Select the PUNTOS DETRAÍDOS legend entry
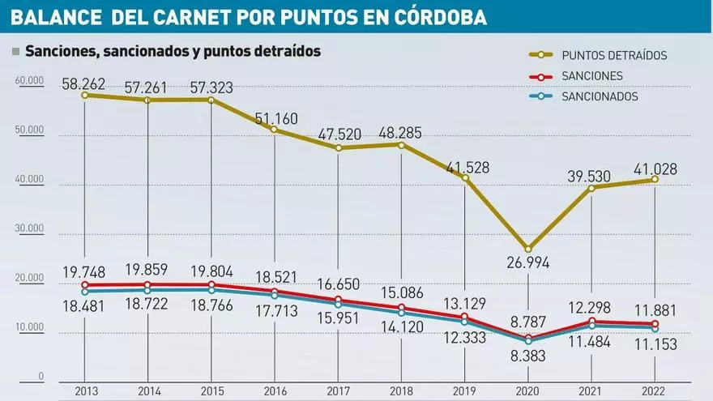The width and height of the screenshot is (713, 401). click(x=613, y=55)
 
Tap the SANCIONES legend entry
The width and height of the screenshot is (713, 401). click(x=591, y=76)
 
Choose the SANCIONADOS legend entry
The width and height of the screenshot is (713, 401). click(x=600, y=96)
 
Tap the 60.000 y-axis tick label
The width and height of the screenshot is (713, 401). click(x=28, y=80)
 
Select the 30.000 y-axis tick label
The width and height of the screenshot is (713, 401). click(x=28, y=229)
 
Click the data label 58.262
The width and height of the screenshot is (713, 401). click(x=85, y=82)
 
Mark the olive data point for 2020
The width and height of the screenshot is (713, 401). click(x=528, y=249)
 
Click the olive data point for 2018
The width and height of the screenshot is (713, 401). click(x=401, y=144)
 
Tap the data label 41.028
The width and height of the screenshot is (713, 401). click(x=655, y=169)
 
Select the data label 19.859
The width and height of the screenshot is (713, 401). click(x=148, y=270)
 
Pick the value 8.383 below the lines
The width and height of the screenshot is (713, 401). click(x=528, y=355)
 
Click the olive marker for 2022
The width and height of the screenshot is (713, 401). click(x=655, y=179)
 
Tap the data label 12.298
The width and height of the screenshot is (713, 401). click(x=591, y=307)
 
